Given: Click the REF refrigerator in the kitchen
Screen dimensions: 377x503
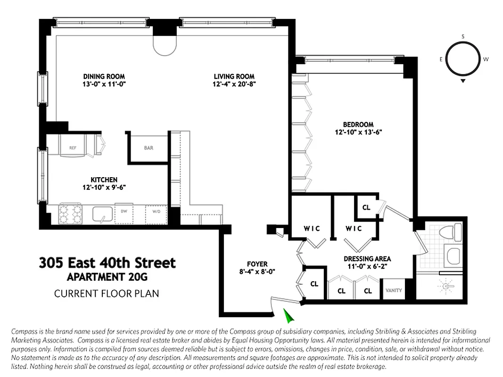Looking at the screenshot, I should tap(73, 148).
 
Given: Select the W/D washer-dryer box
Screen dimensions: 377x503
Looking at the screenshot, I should tap(156, 213).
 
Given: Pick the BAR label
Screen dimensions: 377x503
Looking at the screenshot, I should tap(148, 148).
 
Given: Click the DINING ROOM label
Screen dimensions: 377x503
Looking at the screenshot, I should tap(104, 76).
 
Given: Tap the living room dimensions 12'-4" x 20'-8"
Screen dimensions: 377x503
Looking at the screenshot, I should tap(234, 84).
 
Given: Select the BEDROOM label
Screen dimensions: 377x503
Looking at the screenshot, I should tap(358, 124).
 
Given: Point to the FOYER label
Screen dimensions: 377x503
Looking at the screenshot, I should tap(257, 264).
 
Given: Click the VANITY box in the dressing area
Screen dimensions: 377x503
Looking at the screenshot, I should tap(394, 290).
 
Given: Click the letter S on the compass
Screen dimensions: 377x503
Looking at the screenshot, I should tap(463, 36).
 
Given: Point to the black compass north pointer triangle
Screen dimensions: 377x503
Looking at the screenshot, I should tap(463, 82).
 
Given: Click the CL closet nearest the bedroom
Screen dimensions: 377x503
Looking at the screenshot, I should tap(366, 207).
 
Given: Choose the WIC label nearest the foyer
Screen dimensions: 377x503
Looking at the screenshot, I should tap(312, 229).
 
